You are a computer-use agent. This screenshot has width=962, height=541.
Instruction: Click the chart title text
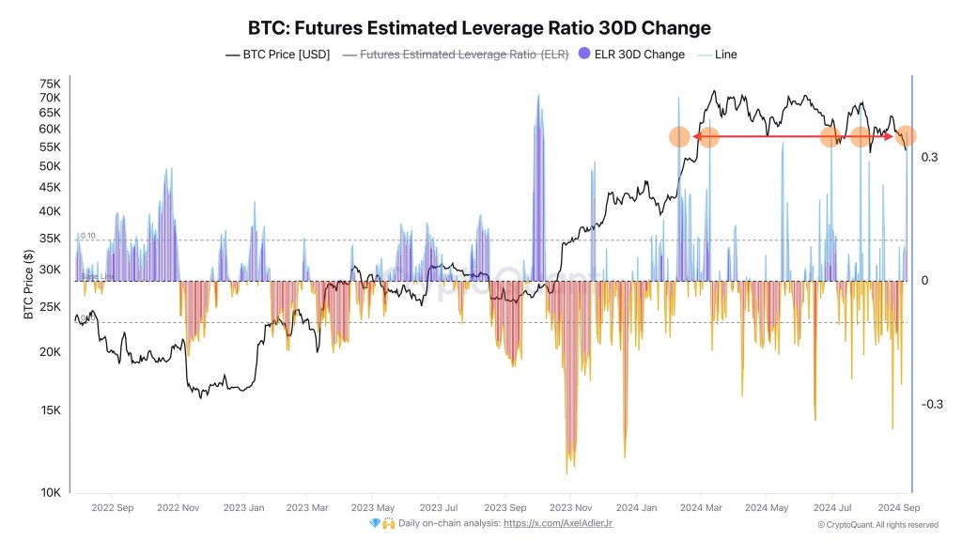(479, 27)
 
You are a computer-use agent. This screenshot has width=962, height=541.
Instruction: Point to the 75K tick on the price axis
(50, 83)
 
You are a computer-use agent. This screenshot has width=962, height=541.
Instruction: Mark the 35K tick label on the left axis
(50, 239)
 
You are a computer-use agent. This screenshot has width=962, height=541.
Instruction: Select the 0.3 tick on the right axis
(930, 157)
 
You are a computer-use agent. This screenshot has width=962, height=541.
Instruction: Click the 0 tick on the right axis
(924, 281)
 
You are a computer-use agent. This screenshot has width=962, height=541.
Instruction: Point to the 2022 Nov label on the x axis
(178, 508)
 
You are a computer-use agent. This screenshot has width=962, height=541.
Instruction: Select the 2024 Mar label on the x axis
(700, 508)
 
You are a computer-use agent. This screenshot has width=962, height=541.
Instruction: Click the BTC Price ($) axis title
(28, 284)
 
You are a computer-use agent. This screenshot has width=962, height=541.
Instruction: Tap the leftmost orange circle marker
(679, 137)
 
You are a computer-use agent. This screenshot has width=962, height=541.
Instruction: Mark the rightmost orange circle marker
(906, 136)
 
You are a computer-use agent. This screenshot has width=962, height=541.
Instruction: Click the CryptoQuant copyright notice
(877, 524)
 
